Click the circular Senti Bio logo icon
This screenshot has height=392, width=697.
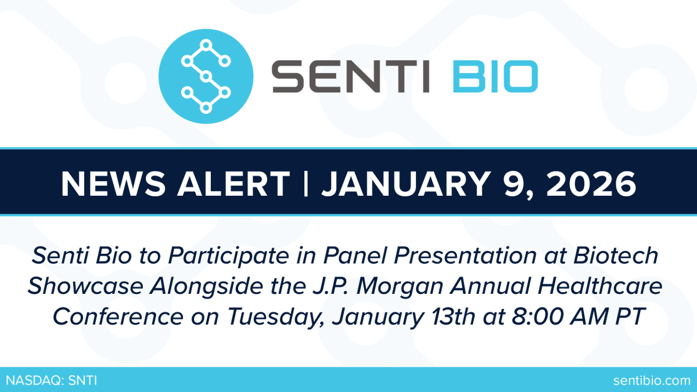206,75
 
